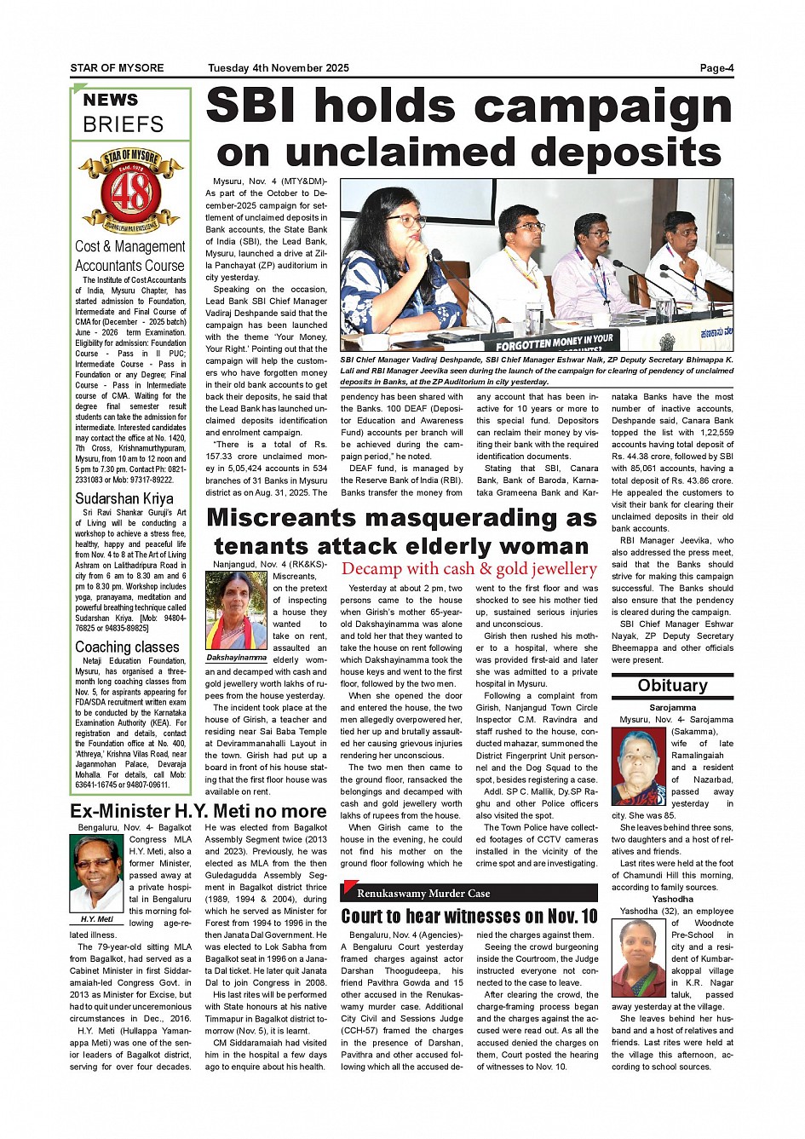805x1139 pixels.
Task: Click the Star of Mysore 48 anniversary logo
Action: (130, 190)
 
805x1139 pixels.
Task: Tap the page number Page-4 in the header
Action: (716, 68)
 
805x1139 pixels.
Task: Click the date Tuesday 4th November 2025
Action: (279, 68)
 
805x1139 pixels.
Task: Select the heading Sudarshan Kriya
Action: (124, 498)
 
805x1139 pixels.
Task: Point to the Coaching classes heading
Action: (127, 647)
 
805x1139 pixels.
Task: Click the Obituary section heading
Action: (672, 686)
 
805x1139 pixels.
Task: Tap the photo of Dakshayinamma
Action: (236, 610)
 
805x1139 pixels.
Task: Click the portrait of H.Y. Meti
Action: (97, 872)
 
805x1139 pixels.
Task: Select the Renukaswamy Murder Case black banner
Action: (469, 893)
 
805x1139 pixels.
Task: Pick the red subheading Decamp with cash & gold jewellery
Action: (469, 569)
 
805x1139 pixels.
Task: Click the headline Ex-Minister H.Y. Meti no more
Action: (198, 811)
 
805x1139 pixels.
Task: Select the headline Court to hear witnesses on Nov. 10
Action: (469, 917)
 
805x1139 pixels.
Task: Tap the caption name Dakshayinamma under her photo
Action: (237, 658)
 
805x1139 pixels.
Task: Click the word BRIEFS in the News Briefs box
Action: (123, 124)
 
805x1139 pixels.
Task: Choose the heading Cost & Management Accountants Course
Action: (129, 256)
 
